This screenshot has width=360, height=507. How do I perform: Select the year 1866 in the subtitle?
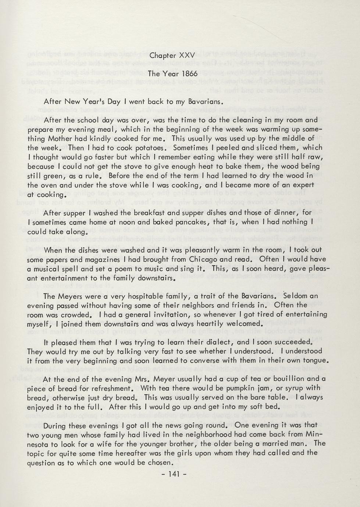pyautogui.click(x=188, y=74)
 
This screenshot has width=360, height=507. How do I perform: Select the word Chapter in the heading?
pyautogui.click(x=163, y=56)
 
